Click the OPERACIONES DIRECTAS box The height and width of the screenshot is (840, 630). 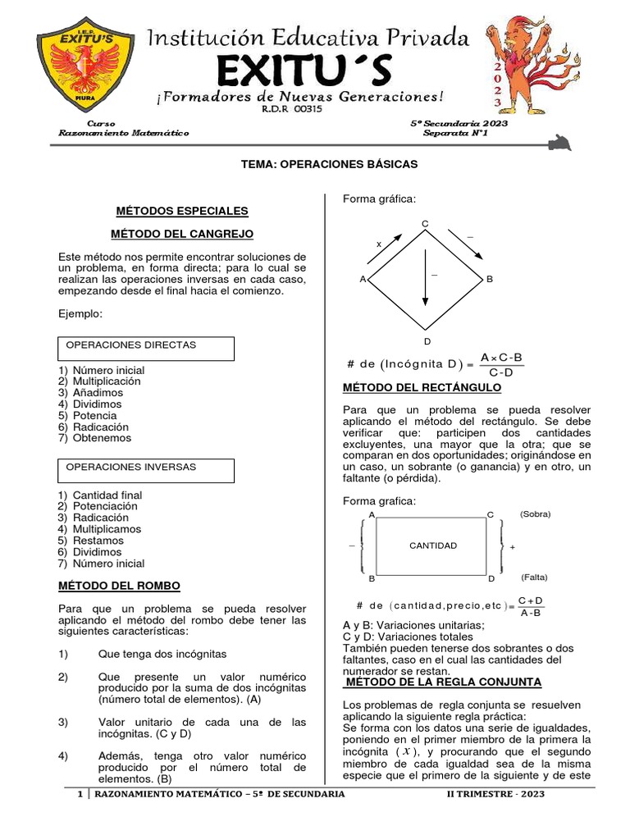click(x=146, y=348)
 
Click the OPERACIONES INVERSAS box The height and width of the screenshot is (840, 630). click(x=146, y=470)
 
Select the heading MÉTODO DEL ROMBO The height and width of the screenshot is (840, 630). click(x=119, y=586)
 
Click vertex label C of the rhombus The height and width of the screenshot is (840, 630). click(x=425, y=224)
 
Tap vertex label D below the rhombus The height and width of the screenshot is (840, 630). click(x=426, y=340)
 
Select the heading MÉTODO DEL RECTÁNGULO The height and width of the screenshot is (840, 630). click(x=421, y=387)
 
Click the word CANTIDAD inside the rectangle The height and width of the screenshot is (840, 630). click(x=433, y=546)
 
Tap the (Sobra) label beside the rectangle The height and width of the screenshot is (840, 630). click(x=535, y=514)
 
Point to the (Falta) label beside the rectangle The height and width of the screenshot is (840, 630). click(x=534, y=577)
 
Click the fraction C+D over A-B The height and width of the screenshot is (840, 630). click(x=531, y=605)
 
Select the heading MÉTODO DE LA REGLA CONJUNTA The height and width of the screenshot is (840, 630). click(x=441, y=682)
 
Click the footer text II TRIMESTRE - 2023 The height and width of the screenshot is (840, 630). click(x=495, y=794)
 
